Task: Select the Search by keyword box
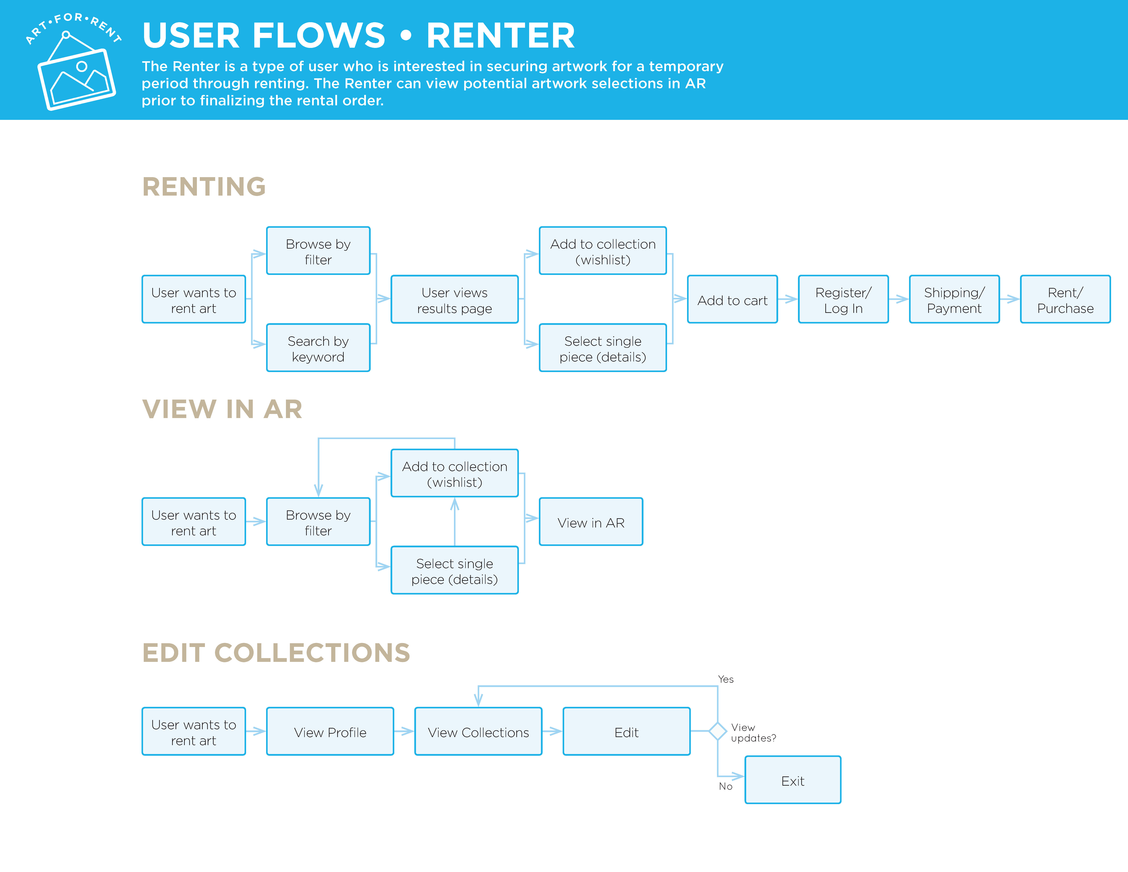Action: point(318,348)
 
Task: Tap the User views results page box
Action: point(454,299)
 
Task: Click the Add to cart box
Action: point(732,299)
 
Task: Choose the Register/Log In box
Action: point(843,299)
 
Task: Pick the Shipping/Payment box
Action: point(955,299)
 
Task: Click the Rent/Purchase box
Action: point(1065,299)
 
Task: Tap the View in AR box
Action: point(591,522)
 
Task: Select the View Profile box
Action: point(330,731)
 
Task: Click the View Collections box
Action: point(478,731)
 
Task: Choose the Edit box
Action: point(627,731)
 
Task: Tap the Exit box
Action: point(793,780)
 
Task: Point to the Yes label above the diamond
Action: point(726,679)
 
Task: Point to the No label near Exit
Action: point(726,786)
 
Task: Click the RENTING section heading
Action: point(204,187)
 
